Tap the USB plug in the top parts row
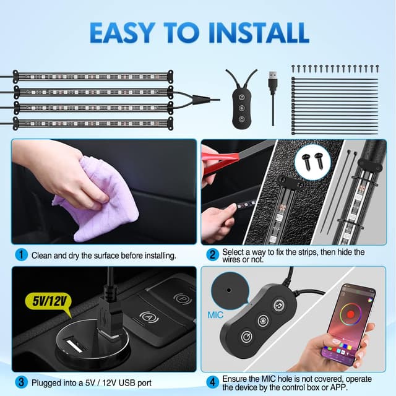click(273, 82)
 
